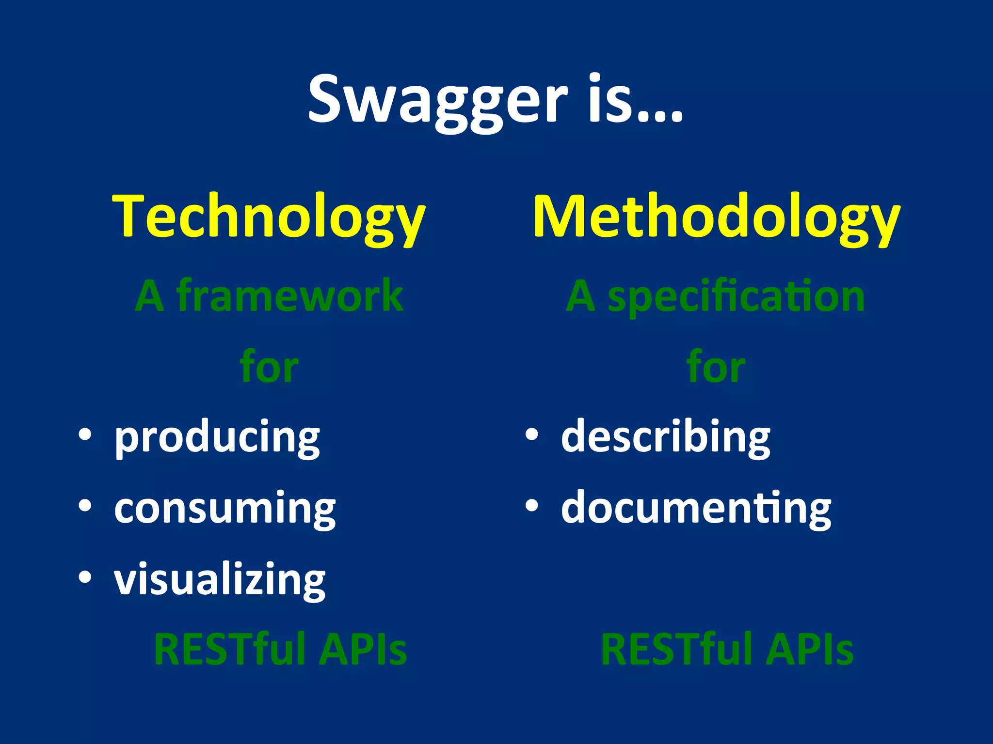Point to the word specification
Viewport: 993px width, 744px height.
[x=736, y=296]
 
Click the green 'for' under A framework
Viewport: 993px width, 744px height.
[x=269, y=367]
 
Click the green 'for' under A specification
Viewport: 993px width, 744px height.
[x=716, y=367]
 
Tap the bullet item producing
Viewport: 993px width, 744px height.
[x=217, y=437]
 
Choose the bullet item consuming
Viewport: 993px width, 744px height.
[x=224, y=508]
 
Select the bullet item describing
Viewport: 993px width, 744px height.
[x=665, y=437]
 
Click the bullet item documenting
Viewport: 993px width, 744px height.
[x=696, y=508]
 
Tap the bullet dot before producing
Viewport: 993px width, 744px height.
[x=85, y=435]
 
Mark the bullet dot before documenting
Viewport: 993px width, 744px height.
[x=532, y=506]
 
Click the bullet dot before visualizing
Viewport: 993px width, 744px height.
[x=85, y=577]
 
